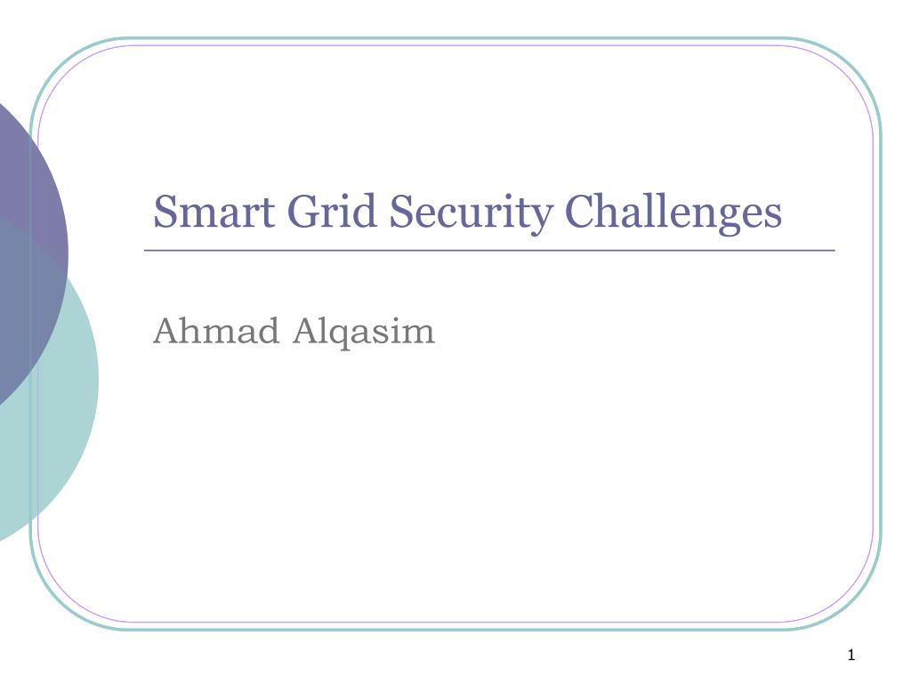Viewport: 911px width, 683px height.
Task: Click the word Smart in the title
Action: click(x=214, y=211)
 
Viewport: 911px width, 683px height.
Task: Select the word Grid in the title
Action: click(x=332, y=211)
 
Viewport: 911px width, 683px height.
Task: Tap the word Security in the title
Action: click(x=471, y=213)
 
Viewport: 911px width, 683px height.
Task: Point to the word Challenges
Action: click(x=673, y=213)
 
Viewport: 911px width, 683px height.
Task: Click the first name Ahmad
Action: click(x=215, y=331)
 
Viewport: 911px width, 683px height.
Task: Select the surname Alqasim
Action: click(x=364, y=333)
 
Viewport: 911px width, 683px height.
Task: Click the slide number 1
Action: click(x=851, y=655)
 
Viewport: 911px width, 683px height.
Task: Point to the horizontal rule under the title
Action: click(x=489, y=250)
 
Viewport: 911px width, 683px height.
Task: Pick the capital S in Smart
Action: click(x=165, y=211)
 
